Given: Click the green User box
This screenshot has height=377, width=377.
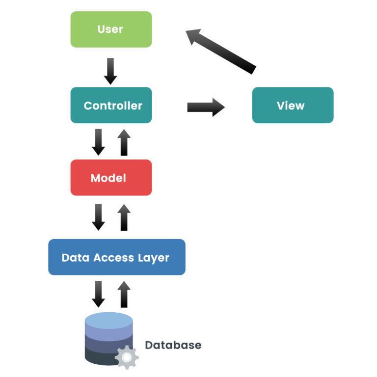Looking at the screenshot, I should click(111, 29).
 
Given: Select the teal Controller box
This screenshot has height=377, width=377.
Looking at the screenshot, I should click(111, 105).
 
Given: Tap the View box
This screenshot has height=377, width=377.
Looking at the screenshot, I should click(293, 105).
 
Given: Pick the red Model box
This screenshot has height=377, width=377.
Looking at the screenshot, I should click(111, 178).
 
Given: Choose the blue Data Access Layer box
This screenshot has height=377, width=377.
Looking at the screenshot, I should click(116, 257).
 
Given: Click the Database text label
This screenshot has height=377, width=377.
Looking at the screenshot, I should click(173, 345).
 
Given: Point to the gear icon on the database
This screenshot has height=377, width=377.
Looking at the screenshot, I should click(126, 358).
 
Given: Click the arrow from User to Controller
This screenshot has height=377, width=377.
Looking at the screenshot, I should click(111, 71).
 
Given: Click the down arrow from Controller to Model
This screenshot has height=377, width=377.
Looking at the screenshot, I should click(99, 142).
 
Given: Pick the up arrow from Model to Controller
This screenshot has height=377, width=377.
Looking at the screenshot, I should click(124, 142).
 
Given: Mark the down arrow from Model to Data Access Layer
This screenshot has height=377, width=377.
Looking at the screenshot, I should click(99, 217).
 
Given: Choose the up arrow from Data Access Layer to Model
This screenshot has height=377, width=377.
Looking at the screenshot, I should click(124, 217).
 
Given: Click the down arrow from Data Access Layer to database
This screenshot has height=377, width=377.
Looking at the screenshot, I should click(99, 294).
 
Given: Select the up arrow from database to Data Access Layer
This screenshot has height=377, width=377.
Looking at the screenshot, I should click(124, 294).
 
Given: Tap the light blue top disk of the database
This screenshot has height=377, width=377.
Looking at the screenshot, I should click(109, 322).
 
